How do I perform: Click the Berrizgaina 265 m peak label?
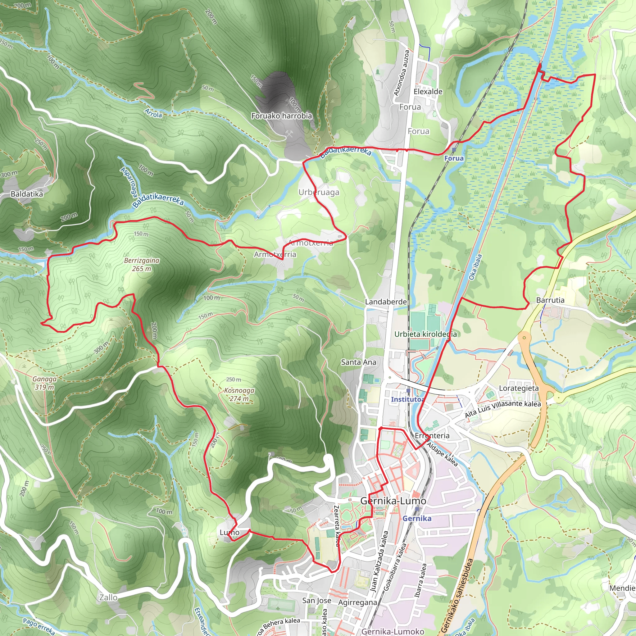(x=142, y=265)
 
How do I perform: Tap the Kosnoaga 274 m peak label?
(x=239, y=394)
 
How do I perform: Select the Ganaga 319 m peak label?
(x=44, y=383)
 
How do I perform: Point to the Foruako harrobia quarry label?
(x=281, y=116)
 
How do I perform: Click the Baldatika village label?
(x=27, y=194)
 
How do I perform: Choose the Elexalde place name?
(x=428, y=92)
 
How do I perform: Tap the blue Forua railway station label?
(x=454, y=158)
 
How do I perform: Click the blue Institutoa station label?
(x=407, y=399)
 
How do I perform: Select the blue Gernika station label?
(x=417, y=519)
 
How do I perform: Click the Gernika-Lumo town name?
(x=393, y=501)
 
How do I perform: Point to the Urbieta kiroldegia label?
(x=425, y=334)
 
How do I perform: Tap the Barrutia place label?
(x=550, y=300)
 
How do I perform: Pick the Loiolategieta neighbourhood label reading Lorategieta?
(x=519, y=388)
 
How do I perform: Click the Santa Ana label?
(x=358, y=362)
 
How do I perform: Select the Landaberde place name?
(x=386, y=302)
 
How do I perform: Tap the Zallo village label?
(x=108, y=597)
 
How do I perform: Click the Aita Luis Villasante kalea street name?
(x=503, y=409)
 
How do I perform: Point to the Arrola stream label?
(x=153, y=113)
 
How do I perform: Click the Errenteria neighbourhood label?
(x=432, y=436)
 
